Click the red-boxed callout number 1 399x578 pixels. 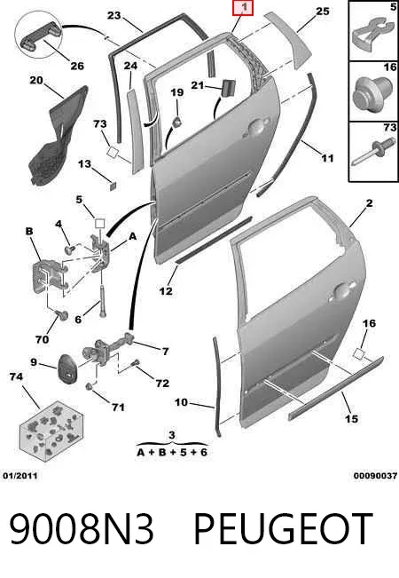(243, 8)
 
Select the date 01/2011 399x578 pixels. (20, 476)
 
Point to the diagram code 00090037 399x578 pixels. (375, 476)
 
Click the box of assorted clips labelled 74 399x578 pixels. (50, 431)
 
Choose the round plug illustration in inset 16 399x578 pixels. (373, 94)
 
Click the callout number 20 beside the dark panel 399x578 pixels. (36, 80)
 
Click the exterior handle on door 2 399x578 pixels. (343, 291)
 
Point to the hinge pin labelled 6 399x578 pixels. (102, 300)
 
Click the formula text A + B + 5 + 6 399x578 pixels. (172, 452)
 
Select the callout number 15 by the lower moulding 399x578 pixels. (351, 419)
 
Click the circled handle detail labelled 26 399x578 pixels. (38, 34)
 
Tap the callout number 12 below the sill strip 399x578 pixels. (166, 291)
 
